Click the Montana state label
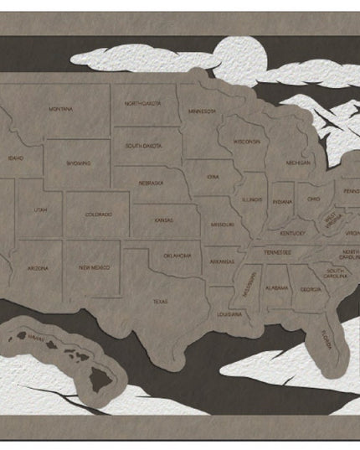coord(60,109)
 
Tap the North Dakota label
coord(142,103)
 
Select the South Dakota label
coord(144,146)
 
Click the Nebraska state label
coord(152,182)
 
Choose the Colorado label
coord(98,215)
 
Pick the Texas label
coord(159,300)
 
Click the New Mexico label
coord(94,268)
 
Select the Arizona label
coord(38,268)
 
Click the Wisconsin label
coord(246,141)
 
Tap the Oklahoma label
coord(177,256)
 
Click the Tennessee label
coord(278,252)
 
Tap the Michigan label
coord(297,162)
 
